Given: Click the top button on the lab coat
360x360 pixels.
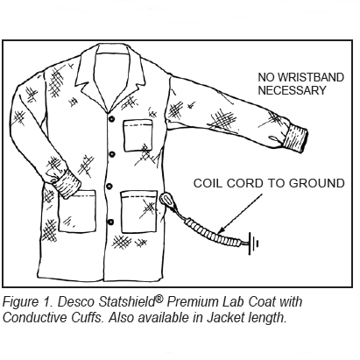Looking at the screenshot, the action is pos(111,119).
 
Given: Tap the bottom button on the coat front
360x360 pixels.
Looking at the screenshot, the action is pos(110,222).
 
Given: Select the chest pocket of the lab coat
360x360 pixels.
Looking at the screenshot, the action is pos(138,135).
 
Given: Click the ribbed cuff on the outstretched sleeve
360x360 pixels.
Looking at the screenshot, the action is pos(294,138).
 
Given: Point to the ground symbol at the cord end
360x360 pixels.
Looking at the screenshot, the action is pos(253,243).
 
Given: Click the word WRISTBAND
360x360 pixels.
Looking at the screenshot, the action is pos(310,78).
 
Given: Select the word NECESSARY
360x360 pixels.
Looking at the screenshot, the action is pos(292,90).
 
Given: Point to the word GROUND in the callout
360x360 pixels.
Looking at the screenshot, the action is pos(317,183).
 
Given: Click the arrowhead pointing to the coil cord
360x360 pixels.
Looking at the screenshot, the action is pos(222,229).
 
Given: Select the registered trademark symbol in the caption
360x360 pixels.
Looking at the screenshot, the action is pos(159,299).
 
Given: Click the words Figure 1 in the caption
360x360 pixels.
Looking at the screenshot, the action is pos(27,302).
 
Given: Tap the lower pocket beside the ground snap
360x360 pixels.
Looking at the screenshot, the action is pos(138,211).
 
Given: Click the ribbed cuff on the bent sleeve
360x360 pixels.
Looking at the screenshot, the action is pos(67,184).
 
